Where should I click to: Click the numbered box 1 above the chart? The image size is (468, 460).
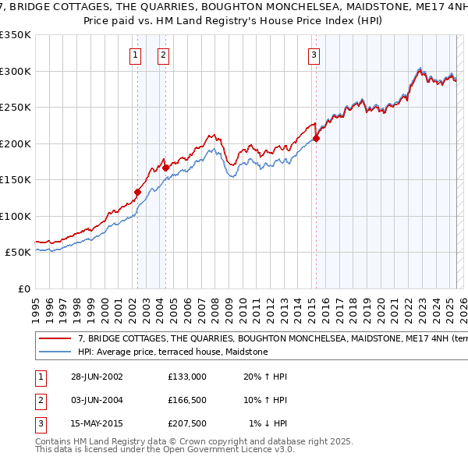pos(136,55)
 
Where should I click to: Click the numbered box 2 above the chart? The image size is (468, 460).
pos(163,55)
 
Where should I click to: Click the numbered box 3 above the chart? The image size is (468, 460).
pos(314,55)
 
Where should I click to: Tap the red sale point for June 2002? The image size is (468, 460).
pos(137,192)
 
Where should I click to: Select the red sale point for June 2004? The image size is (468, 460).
pos(165,168)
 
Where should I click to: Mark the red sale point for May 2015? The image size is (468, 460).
pos(317,139)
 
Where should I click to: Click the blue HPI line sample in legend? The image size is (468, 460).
pos(56,352)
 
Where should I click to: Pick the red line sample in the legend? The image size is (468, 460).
pos(56,339)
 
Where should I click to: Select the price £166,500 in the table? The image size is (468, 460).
pos(186,400)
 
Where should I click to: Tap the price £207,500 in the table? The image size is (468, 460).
pos(186,423)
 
